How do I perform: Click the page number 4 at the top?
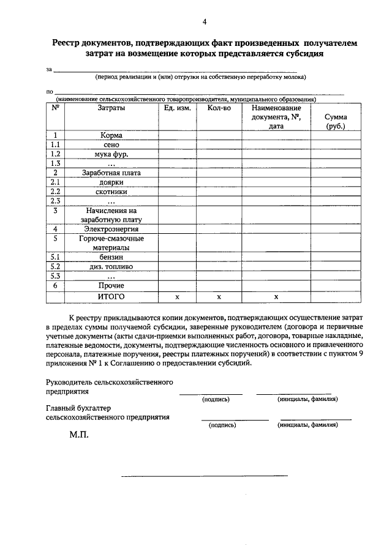click(205, 23)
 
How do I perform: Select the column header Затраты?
click(111, 108)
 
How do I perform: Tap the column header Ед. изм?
click(177, 108)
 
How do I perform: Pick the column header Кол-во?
click(219, 108)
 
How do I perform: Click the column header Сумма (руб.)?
click(335, 121)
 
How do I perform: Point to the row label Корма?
click(111, 135)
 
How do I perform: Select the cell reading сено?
click(111, 145)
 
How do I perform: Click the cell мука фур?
click(111, 154)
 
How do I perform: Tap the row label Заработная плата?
click(111, 173)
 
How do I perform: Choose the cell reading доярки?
click(111, 182)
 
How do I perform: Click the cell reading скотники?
click(111, 192)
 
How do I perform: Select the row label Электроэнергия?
click(111, 229)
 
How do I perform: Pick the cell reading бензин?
click(111, 257)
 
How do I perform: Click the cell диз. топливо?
click(111, 267)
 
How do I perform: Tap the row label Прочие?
click(111, 285)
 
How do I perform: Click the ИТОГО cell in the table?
click(111, 296)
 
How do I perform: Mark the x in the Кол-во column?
click(219, 297)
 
